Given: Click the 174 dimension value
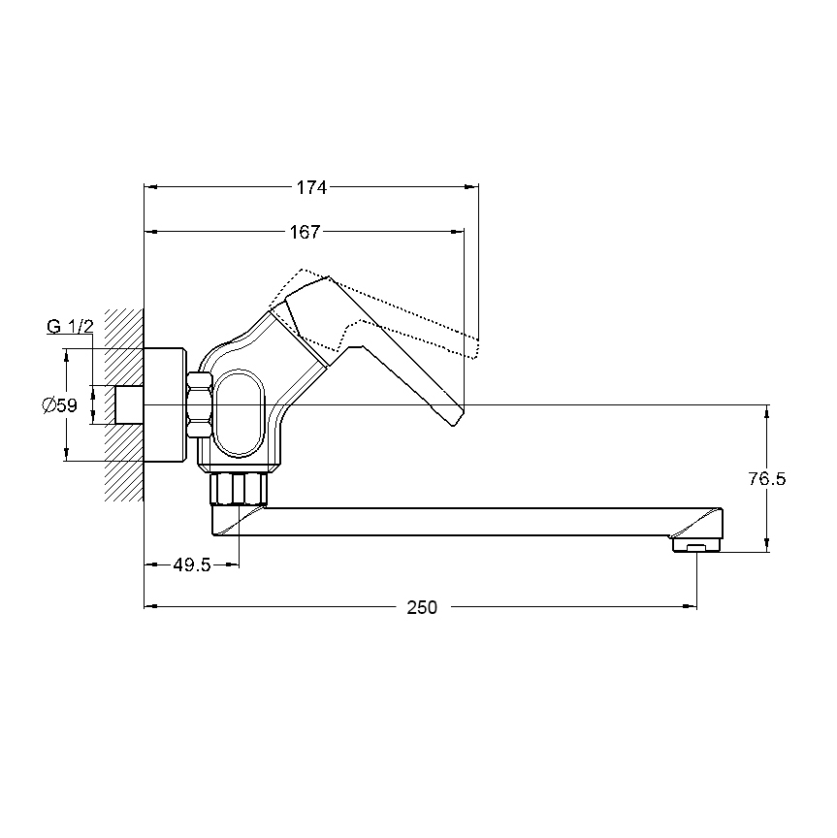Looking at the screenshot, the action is pos(311,187).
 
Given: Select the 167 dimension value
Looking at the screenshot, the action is pos(305,233).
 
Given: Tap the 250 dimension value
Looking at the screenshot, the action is pos(422,608).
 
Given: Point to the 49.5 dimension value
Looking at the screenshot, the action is pos(192,564).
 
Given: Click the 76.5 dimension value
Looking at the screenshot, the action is pos(767,479).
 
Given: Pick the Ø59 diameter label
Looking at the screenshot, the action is pos(59,405).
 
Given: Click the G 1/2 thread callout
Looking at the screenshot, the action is pos(70,326).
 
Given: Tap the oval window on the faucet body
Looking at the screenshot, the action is pos(239,413).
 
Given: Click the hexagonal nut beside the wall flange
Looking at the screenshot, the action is pos(200,405).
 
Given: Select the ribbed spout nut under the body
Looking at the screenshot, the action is pos(239,488).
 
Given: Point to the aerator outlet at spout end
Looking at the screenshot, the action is pos(697,546).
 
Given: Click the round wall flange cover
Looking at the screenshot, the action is pos(165,404).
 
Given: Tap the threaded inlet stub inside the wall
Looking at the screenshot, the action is pos(130,404).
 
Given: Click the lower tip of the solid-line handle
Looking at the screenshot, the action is pos(454,426).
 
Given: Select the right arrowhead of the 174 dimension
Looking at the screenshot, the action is pos(472,187).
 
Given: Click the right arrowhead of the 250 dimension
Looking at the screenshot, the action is pos(690,606).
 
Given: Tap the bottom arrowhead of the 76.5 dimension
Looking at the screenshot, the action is pos(767,545).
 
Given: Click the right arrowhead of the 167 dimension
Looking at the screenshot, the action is pos(458,232).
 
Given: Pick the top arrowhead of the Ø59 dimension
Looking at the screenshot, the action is pos(66,356).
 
